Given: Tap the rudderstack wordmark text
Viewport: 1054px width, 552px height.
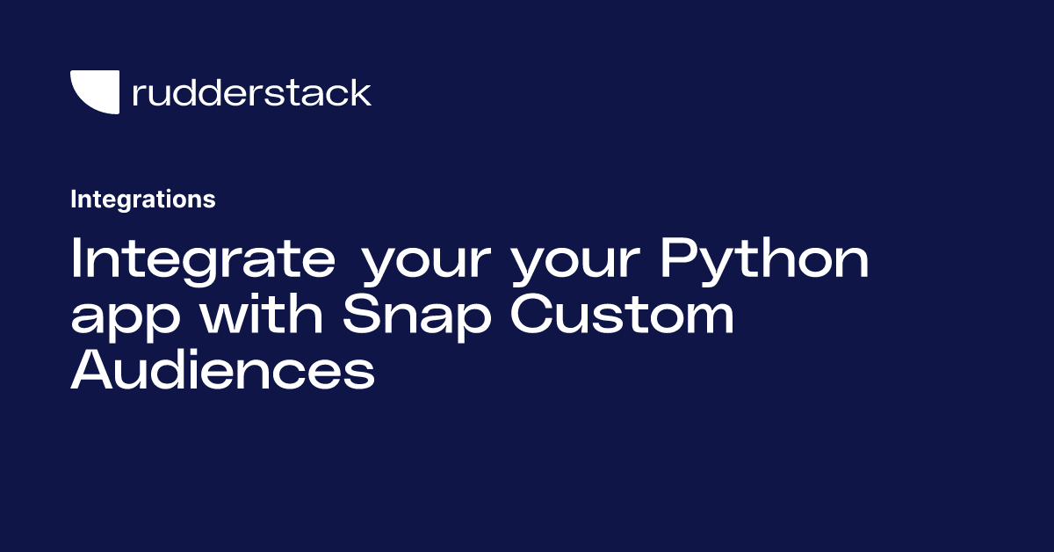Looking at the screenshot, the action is pyautogui.click(x=252, y=92).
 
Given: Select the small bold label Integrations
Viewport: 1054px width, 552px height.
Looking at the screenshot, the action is pyautogui.click(x=143, y=200).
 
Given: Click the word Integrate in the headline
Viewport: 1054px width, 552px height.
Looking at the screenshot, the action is pyautogui.click(x=203, y=260).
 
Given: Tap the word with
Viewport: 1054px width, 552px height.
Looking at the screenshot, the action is pyautogui.click(x=262, y=313).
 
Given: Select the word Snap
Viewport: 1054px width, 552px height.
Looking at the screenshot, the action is pyautogui.click(x=417, y=316).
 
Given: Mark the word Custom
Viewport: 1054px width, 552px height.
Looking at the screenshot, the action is pyautogui.click(x=622, y=313).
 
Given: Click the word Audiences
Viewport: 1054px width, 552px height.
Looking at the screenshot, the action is pyautogui.click(x=222, y=369).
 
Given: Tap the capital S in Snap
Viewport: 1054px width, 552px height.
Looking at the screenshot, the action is pyautogui.click(x=361, y=313).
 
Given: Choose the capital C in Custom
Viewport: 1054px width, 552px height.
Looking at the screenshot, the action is pyautogui.click(x=532, y=313).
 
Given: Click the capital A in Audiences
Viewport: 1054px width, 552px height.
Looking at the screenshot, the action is pyautogui.click(x=92, y=369).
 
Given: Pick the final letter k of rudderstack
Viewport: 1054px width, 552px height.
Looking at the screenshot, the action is pyautogui.click(x=360, y=92).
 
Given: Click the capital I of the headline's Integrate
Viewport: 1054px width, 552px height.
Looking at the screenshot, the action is pyautogui.click(x=76, y=258).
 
